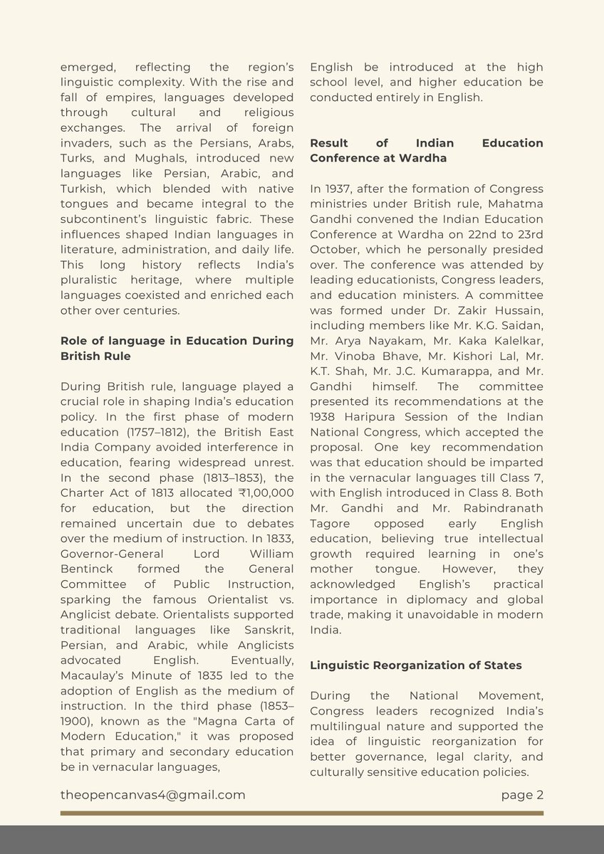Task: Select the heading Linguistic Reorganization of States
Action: [415, 665]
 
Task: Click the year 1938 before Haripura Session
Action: [325, 416]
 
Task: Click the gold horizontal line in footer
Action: [301, 813]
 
